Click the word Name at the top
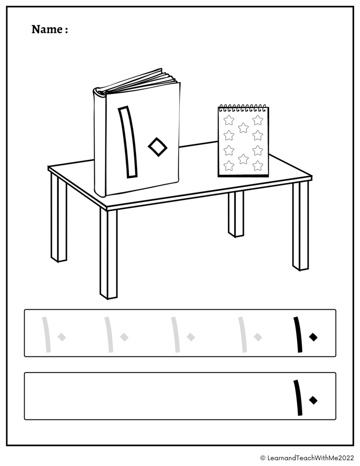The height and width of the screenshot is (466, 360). (x=47, y=30)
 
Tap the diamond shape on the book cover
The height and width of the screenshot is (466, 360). (x=157, y=147)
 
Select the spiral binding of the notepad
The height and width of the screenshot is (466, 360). (x=243, y=108)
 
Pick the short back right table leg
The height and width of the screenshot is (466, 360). (x=236, y=214)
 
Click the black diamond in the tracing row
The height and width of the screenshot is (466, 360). (x=313, y=337)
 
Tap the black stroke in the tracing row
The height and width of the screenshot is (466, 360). (x=298, y=334)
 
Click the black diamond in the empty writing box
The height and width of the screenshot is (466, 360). (x=313, y=400)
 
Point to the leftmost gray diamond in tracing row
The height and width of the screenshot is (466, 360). (x=62, y=337)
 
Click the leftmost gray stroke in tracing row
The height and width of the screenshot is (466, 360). (x=46, y=334)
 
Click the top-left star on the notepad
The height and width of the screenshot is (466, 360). (x=229, y=120)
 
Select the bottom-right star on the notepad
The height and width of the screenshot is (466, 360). (x=258, y=165)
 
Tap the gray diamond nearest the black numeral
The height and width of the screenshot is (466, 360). (x=258, y=337)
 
